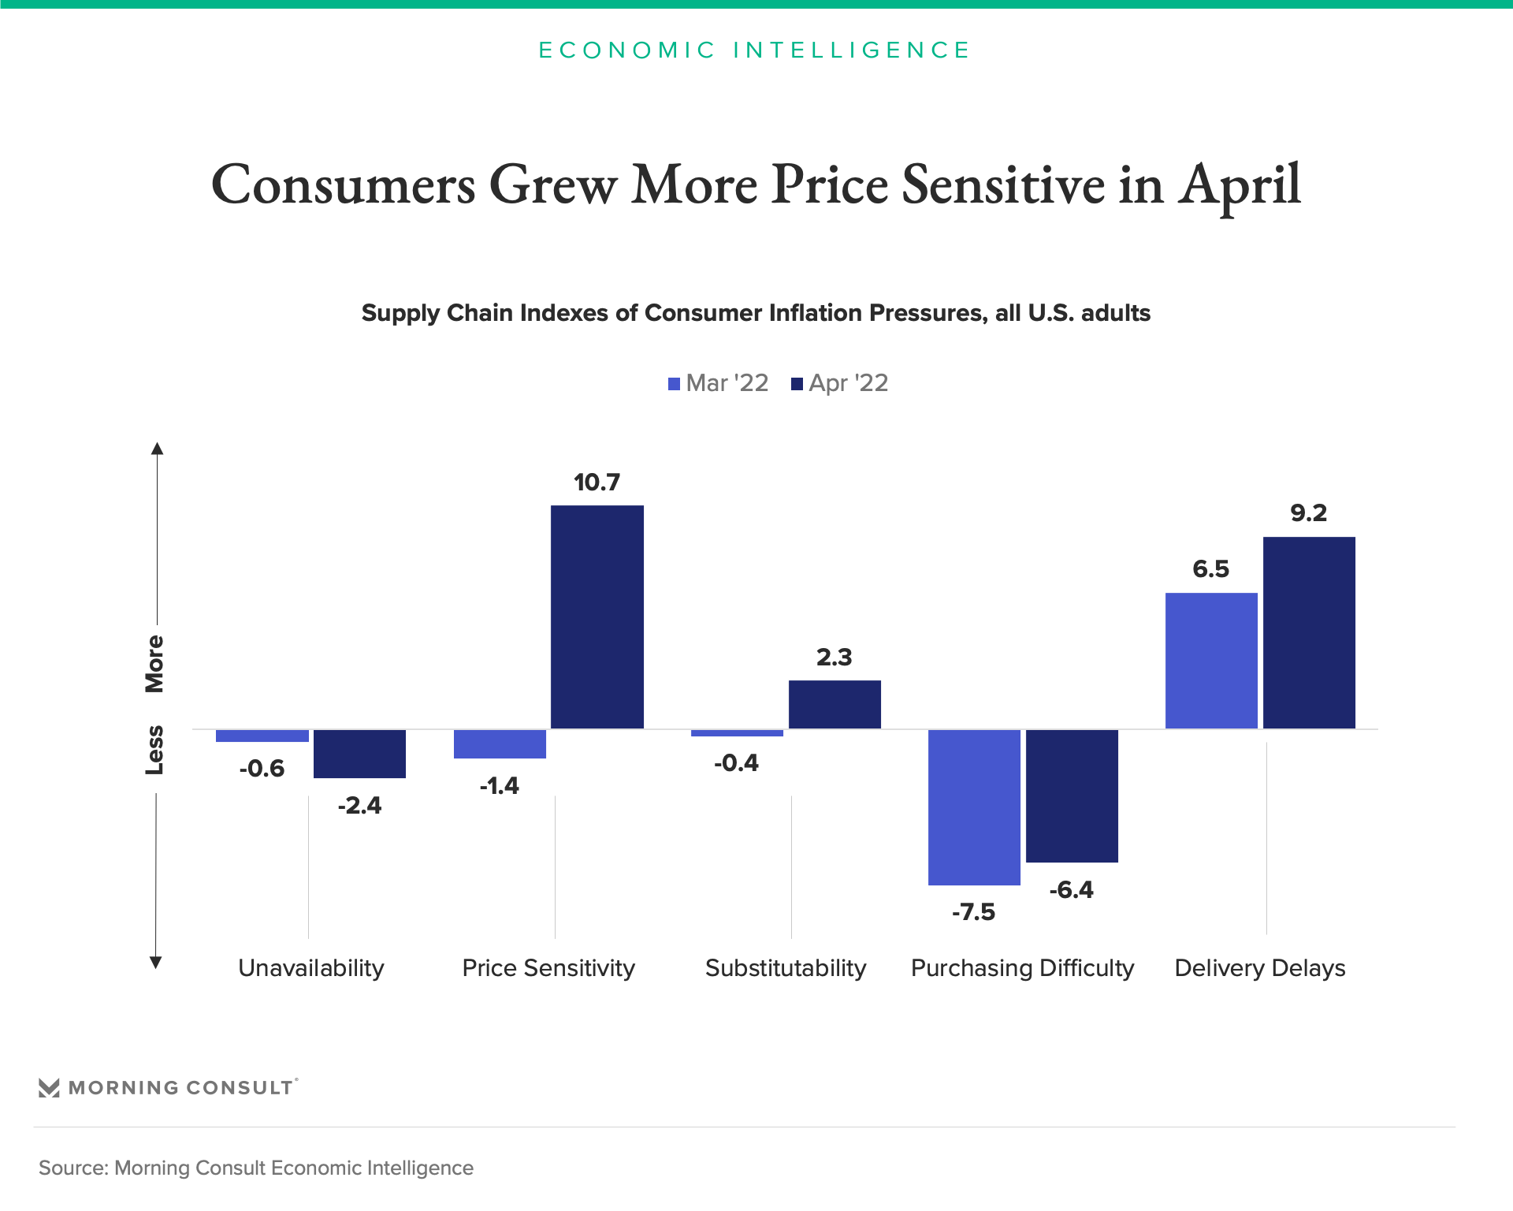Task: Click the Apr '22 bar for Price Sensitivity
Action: tap(597, 617)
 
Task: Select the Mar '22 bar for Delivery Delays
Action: tap(1211, 661)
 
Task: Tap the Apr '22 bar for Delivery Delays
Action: tap(1309, 632)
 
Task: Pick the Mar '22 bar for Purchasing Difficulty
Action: tap(974, 807)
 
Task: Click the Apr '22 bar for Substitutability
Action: tap(835, 704)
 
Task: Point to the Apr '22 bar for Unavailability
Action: tap(359, 754)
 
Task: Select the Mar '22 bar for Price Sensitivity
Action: tap(500, 743)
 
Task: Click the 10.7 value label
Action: tap(597, 482)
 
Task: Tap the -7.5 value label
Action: tap(973, 912)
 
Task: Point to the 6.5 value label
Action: tap(1210, 568)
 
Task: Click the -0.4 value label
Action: tap(736, 763)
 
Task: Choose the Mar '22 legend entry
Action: tap(718, 383)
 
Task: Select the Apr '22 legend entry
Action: tap(840, 383)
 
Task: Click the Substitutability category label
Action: tap(786, 967)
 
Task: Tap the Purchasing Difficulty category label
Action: tap(1022, 967)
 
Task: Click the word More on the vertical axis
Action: tap(154, 663)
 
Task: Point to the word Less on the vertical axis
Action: tap(154, 750)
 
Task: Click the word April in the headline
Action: tap(1239, 186)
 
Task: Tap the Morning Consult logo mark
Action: tap(49, 1088)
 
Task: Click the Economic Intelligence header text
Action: tap(754, 50)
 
